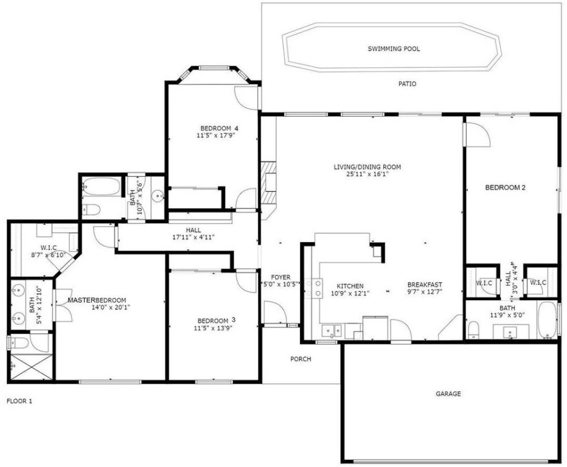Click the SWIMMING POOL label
pos(394,49)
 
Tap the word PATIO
pos(407,84)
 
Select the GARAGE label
pos(448,393)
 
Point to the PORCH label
pos(301,359)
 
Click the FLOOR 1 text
pos(19,401)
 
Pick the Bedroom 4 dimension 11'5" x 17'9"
pos(219,136)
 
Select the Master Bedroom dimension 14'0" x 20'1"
pos(111,307)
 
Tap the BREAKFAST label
pos(425,285)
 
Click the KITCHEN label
pos(350,286)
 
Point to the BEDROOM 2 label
pos(505,187)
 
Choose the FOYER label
pos(280,277)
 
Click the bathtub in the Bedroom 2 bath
pos(548,320)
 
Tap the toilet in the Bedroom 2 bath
pos(473,330)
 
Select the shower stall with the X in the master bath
pos(32,367)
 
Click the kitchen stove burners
pos(314,288)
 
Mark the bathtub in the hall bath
pos(101,187)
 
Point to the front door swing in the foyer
pos(276,313)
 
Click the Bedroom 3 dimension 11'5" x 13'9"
pos(213,328)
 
